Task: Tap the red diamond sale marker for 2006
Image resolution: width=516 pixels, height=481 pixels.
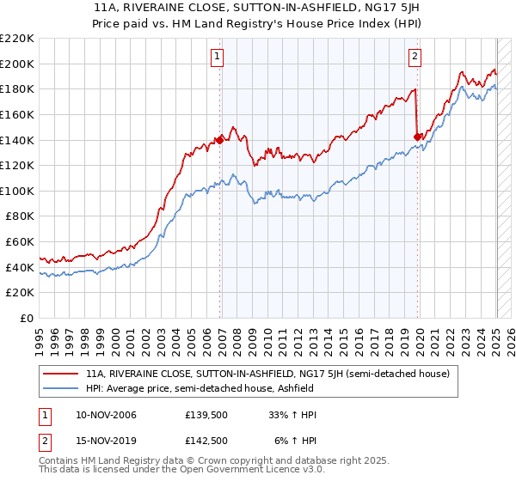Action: point(220,140)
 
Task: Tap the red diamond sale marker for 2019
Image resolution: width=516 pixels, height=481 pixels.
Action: point(418,136)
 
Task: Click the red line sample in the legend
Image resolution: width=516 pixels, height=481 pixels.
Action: point(62,374)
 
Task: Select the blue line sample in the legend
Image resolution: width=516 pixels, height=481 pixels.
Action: point(62,389)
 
